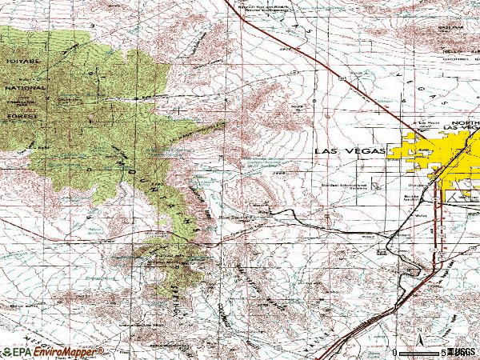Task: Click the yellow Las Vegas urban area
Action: [432, 156]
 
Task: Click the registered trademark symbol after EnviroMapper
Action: [102, 350]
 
